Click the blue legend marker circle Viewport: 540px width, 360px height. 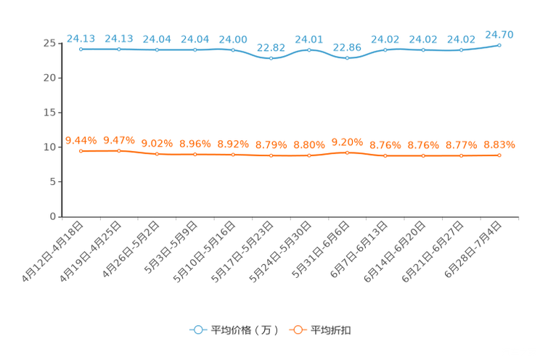tap(197, 330)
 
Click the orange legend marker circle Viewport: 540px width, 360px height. tap(296, 330)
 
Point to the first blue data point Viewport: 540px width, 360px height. tap(81, 49)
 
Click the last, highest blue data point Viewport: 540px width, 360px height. tap(499, 45)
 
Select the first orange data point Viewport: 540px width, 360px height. tap(81, 151)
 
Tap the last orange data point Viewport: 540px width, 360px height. tap(499, 155)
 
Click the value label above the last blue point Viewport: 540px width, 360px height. tap(499, 34)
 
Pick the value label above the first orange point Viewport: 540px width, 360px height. tap(81, 140)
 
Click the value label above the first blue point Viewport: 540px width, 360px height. tap(81, 38)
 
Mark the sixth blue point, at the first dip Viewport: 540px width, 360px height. tap(271, 59)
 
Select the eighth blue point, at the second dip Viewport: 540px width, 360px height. tap(348, 58)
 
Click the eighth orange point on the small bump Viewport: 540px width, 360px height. tap(348, 152)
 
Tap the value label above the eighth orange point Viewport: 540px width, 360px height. tap(348, 142)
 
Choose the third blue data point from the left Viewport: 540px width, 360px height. tap(157, 49)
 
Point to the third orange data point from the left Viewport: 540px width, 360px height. tap(157, 155)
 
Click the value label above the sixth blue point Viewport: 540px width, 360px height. tap(271, 48)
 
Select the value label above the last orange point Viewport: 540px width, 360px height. tap(499, 144)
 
